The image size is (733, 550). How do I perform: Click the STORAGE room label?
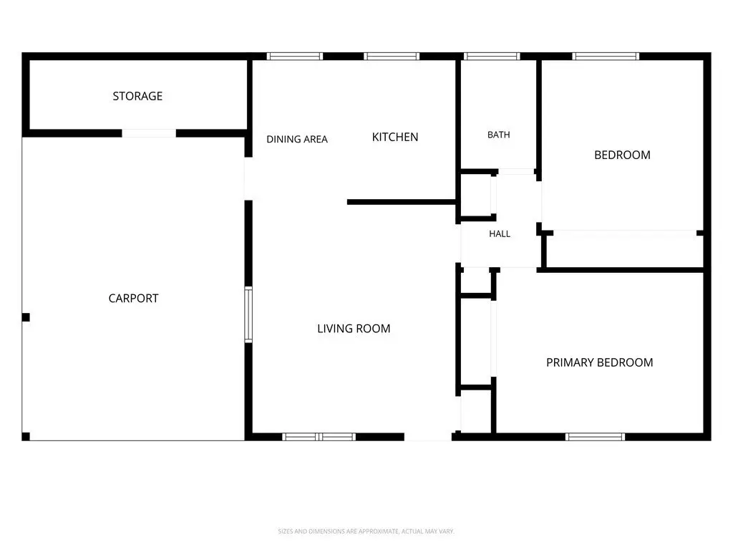(x=137, y=96)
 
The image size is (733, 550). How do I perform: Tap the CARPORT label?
(x=133, y=299)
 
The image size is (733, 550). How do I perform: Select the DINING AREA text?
(x=297, y=139)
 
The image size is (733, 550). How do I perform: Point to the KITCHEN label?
(x=395, y=137)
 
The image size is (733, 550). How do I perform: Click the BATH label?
(x=499, y=135)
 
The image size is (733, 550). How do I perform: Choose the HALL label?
(x=500, y=234)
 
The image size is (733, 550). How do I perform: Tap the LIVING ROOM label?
(x=354, y=328)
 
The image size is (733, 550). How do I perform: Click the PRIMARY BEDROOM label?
(x=600, y=362)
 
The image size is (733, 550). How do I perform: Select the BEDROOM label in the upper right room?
(x=622, y=155)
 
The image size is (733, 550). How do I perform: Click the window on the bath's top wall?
(x=492, y=56)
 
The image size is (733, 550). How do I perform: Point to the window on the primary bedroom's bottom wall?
(x=595, y=437)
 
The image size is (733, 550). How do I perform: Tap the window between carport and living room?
(x=248, y=315)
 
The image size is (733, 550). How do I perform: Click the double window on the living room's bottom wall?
(x=319, y=437)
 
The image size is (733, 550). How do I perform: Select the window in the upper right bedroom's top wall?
(x=606, y=56)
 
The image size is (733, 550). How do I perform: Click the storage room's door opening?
(x=149, y=133)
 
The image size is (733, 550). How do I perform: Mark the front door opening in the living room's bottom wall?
(x=428, y=437)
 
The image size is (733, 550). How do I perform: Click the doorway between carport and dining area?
(x=248, y=178)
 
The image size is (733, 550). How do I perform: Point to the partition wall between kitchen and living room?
(x=402, y=202)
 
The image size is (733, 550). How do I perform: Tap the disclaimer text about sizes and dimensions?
(x=366, y=531)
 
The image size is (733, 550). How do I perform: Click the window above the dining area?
(x=294, y=56)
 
